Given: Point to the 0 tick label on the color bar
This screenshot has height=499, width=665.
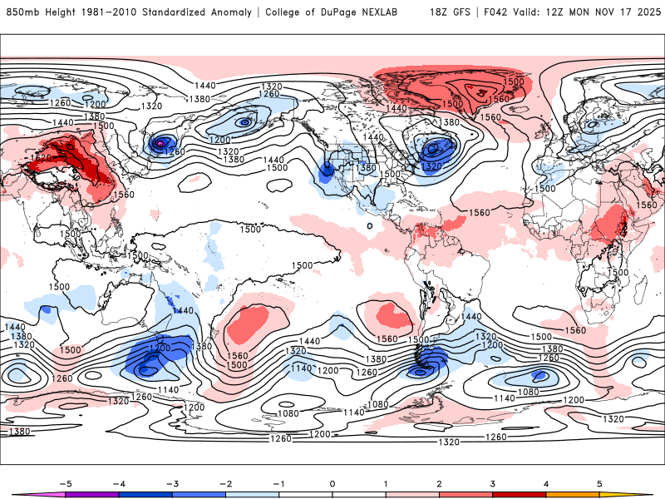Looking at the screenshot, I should [x=332, y=483].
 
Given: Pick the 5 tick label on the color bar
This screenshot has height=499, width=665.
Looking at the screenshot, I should [x=598, y=483].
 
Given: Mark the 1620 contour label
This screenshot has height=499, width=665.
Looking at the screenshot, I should [x=42, y=156].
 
